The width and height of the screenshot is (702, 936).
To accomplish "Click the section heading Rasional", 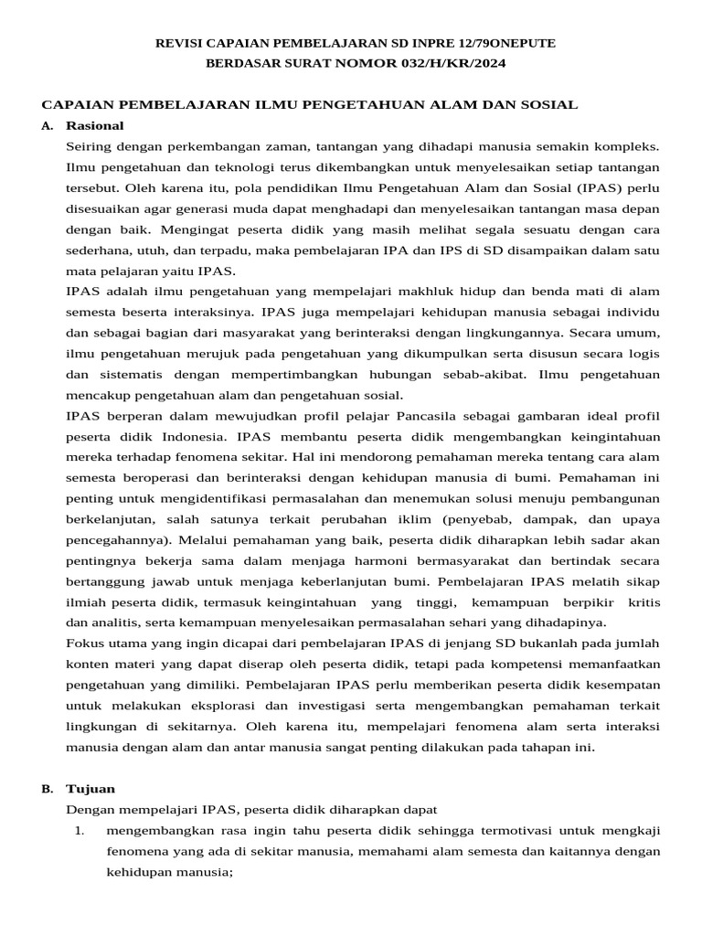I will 95,125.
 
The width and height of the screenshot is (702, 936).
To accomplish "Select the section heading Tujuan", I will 90,788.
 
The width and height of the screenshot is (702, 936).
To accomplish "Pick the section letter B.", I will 48,788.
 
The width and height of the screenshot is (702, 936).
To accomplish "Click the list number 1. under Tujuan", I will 80,830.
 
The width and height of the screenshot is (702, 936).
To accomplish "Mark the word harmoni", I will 376,560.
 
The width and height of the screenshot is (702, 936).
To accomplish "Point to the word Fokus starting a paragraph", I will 87,643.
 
